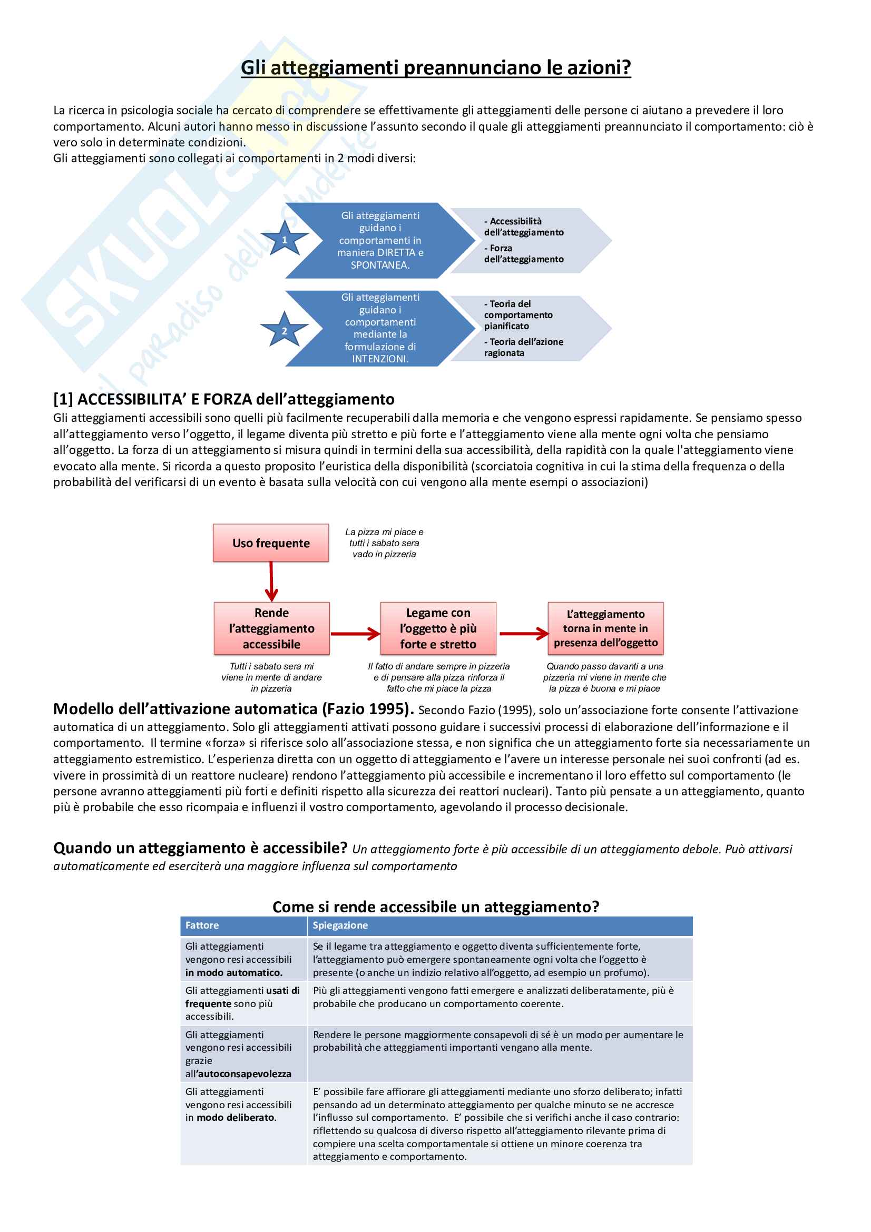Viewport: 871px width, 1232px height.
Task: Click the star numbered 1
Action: [x=285, y=239]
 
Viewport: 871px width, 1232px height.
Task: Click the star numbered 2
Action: [x=285, y=330]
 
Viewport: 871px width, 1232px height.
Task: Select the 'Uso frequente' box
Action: [x=270, y=543]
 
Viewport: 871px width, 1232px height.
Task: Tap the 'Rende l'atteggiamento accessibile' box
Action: [x=271, y=628]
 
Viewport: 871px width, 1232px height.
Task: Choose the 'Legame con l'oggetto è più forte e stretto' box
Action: [x=438, y=628]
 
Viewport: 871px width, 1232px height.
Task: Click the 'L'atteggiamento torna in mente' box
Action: [x=605, y=628]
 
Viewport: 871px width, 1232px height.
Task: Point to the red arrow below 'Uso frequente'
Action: [x=271, y=581]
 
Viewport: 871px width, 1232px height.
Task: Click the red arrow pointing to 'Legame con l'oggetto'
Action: [x=355, y=634]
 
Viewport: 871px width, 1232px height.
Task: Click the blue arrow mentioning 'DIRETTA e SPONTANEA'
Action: [x=380, y=240]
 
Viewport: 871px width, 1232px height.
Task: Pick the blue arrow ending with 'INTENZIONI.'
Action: [x=380, y=328]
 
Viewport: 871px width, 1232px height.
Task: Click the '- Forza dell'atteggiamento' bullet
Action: [x=523, y=254]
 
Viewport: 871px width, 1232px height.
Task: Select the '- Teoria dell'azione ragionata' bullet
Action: [x=523, y=347]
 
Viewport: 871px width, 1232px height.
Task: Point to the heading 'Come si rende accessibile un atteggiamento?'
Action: [x=435, y=906]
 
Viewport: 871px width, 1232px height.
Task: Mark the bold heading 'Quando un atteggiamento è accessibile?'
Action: [x=200, y=848]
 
